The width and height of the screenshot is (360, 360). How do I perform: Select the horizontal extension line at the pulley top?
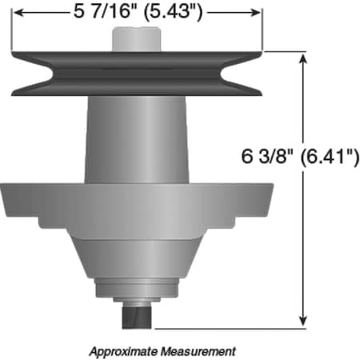(x=284, y=51)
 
